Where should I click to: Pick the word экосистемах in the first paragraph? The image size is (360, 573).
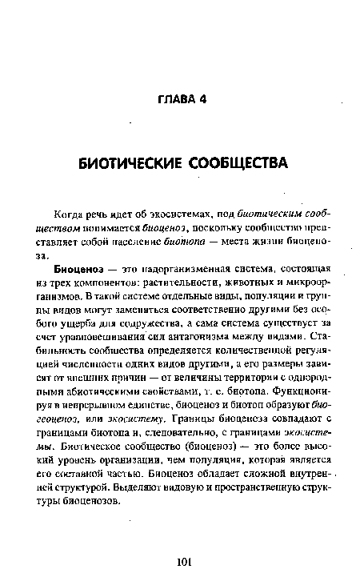159,213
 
